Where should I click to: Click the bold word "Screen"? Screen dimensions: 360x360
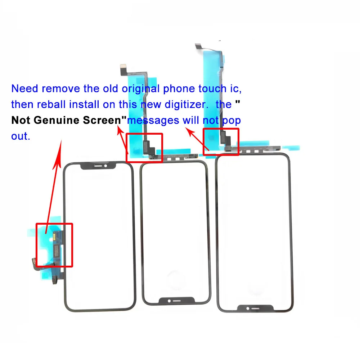(x=104, y=120)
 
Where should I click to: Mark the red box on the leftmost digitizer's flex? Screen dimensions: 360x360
(x=54, y=245)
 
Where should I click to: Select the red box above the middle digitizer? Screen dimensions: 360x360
(x=144, y=148)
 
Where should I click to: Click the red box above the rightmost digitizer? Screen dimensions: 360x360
(x=221, y=142)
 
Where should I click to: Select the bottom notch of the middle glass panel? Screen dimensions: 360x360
(x=176, y=300)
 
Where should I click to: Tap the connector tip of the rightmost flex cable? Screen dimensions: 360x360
(x=198, y=46)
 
